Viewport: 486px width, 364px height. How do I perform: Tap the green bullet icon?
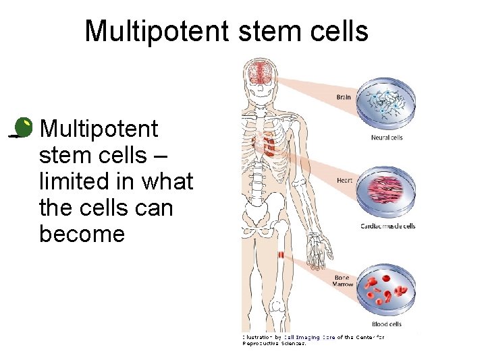[x=23, y=127]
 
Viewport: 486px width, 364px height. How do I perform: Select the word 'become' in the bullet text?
[x=82, y=234]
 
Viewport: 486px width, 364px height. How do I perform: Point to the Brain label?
[x=344, y=97]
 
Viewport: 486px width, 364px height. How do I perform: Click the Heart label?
[x=344, y=180]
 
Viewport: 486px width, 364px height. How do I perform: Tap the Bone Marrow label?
[x=344, y=280]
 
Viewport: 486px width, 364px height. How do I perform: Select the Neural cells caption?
[x=387, y=138]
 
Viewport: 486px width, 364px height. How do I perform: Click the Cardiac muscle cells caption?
[x=387, y=226]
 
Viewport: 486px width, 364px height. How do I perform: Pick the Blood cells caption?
[x=387, y=324]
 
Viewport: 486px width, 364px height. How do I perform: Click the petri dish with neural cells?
[x=387, y=103]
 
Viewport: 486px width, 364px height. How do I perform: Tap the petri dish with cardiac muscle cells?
[x=387, y=189]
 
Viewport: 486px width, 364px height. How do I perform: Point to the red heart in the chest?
[x=268, y=146]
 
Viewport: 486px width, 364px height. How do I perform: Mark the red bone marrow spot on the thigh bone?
[x=281, y=255]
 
